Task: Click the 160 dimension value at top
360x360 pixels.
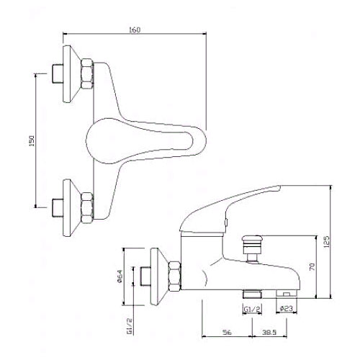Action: [x=135, y=30]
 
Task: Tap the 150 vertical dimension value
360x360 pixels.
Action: [x=32, y=141]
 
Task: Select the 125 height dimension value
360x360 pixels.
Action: [x=327, y=242]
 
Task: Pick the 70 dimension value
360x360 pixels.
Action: [x=312, y=266]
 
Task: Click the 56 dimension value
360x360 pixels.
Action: [x=227, y=333]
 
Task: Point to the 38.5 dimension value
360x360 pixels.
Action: [x=269, y=333]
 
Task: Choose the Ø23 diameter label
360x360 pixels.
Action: [x=287, y=308]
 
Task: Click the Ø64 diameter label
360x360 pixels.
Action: [x=120, y=276]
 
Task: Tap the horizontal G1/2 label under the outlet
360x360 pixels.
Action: [x=252, y=310]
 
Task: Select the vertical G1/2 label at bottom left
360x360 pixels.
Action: [x=130, y=325]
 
